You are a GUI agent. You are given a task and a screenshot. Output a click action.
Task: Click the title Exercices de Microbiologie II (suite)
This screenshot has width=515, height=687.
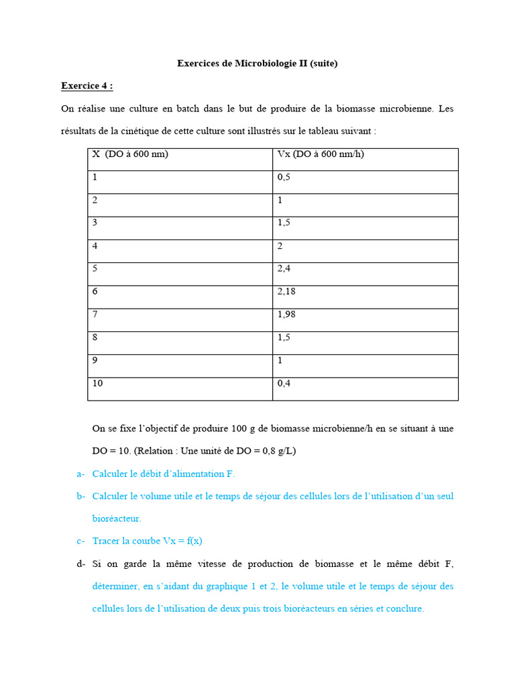coord(257,64)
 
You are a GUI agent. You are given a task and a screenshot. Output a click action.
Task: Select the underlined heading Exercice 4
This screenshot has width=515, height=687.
coord(87,86)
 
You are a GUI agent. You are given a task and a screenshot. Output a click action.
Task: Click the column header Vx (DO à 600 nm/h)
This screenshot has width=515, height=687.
coord(321,154)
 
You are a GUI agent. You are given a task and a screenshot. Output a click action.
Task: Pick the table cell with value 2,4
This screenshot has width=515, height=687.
coord(284,268)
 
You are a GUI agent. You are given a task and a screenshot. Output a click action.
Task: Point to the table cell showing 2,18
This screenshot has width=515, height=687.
coord(287,291)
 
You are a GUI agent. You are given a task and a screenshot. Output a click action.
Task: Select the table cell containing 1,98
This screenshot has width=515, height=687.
coord(287,314)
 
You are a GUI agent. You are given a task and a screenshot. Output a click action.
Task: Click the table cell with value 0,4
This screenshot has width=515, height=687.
coord(284,383)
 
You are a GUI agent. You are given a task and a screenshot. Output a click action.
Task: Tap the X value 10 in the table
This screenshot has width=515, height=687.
coord(98,383)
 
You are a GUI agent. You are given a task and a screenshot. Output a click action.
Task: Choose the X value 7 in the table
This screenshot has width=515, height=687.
coord(95,314)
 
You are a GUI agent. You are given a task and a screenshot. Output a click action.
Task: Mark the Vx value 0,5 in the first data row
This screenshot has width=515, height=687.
coord(284,177)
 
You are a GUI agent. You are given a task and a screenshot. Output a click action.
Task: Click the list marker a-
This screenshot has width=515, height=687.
coord(80,474)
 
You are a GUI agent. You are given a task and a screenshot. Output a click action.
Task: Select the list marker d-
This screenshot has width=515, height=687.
coord(80,564)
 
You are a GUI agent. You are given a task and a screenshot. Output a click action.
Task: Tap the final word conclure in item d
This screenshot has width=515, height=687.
coord(405,609)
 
